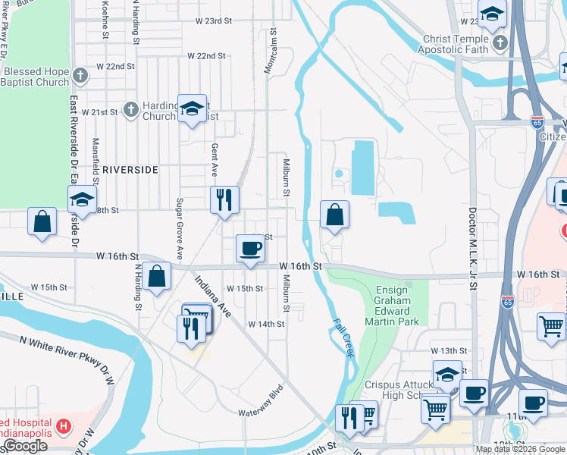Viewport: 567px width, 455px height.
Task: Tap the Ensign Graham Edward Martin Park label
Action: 392,306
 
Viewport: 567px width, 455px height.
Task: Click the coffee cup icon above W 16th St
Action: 249,248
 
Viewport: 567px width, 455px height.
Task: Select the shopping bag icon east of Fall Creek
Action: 334,215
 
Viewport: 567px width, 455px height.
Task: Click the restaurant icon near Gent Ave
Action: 224,200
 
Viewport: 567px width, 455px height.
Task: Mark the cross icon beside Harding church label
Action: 130,111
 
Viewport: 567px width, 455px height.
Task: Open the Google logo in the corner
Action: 25,446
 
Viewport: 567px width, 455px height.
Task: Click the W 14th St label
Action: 266,324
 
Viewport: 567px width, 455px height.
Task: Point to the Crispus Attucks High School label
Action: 402,389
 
